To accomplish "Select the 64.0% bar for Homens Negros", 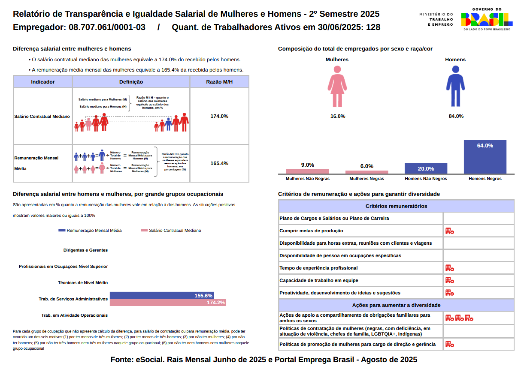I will click(485, 157).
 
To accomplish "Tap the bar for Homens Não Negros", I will click(426, 168).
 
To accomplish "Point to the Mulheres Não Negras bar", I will click(308, 171).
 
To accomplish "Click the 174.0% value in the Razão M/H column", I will click(219, 116).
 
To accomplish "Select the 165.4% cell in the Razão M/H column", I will click(219, 163).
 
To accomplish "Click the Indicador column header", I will click(43, 82).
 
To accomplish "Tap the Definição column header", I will click(131, 82).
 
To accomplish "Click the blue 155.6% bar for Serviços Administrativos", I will click(162, 295).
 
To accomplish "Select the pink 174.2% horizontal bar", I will click(168, 303).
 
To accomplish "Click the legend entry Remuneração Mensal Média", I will click(90, 231).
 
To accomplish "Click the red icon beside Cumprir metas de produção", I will click(449, 231).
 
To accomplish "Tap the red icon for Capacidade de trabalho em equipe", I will click(449, 280).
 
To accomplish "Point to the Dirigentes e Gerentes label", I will click(85, 250).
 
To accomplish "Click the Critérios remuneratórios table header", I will click(396, 206).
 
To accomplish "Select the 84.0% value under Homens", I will click(456, 116).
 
